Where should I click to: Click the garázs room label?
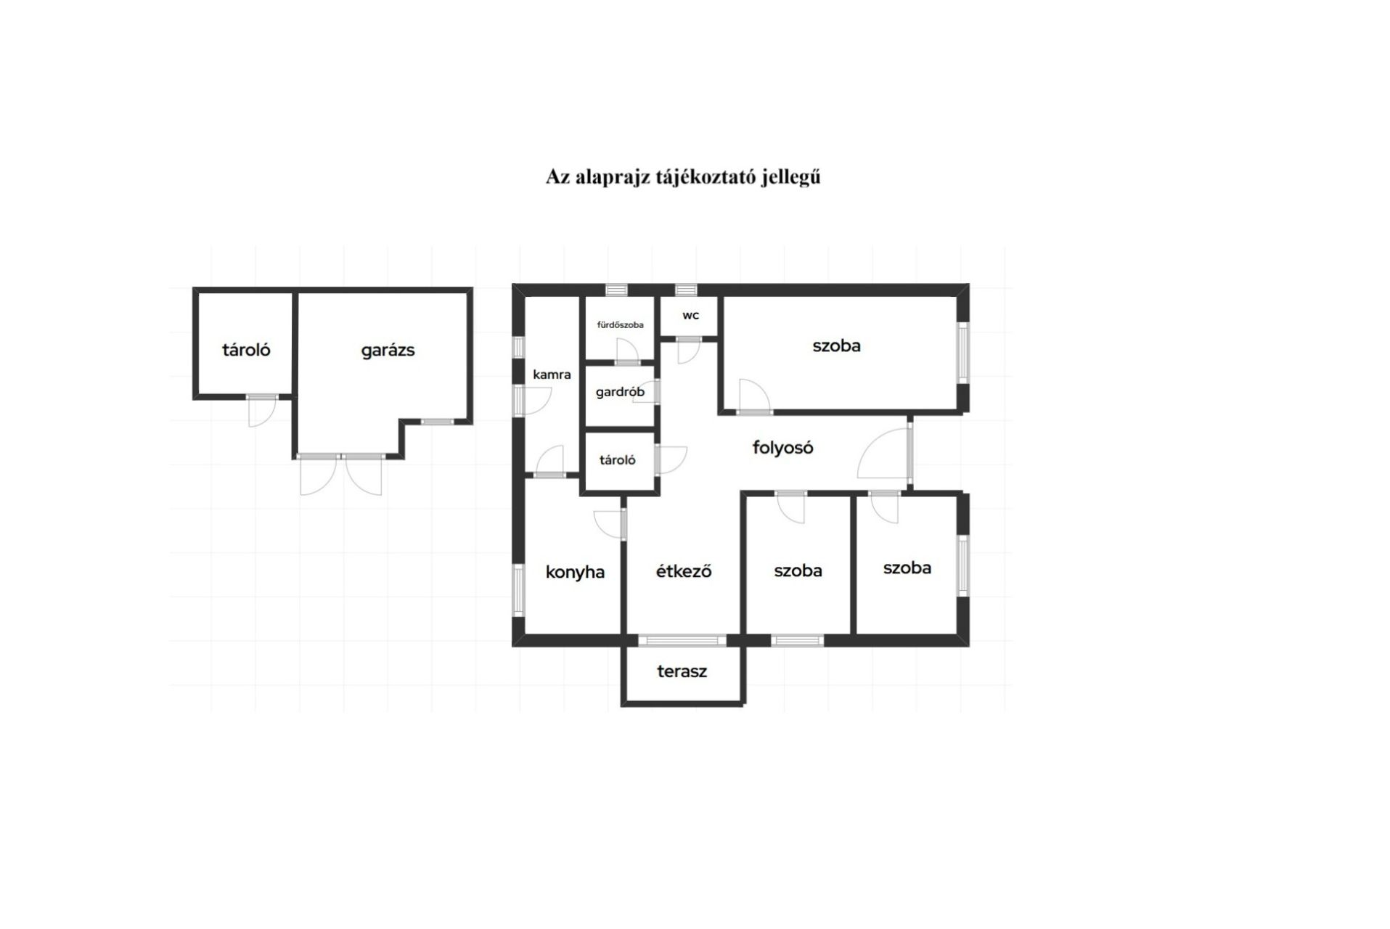point(388,351)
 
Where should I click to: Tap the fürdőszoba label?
point(620,325)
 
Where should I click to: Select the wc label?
point(690,316)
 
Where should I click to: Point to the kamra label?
point(552,375)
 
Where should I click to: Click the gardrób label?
point(620,393)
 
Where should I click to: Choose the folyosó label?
point(782,448)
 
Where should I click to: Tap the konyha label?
point(575,572)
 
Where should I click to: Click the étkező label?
point(684,571)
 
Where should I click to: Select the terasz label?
point(682,671)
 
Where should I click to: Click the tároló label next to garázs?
point(246,351)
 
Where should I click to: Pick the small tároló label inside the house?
point(618,460)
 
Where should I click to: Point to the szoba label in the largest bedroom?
point(836,346)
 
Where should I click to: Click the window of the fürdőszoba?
point(616,290)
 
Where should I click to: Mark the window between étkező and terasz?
point(682,640)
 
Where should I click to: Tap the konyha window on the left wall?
point(518,590)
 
